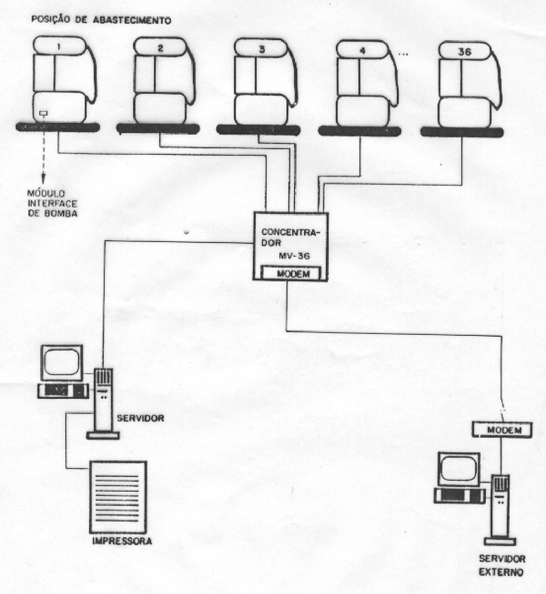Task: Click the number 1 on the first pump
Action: tap(59, 47)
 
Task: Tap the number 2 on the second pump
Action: tap(160, 48)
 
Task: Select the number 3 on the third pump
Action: tap(262, 49)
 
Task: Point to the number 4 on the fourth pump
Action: tap(362, 51)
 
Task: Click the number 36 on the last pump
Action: tap(465, 52)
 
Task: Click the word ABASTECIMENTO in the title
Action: tap(132, 20)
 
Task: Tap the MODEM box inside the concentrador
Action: tap(291, 274)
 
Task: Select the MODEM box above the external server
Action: tap(502, 430)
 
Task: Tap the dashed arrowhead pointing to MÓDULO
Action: tap(44, 179)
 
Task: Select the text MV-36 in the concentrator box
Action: tap(295, 255)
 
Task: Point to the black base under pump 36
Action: tap(462, 132)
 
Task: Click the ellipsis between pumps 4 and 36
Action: tap(403, 54)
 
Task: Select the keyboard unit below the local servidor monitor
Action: tap(63, 391)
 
